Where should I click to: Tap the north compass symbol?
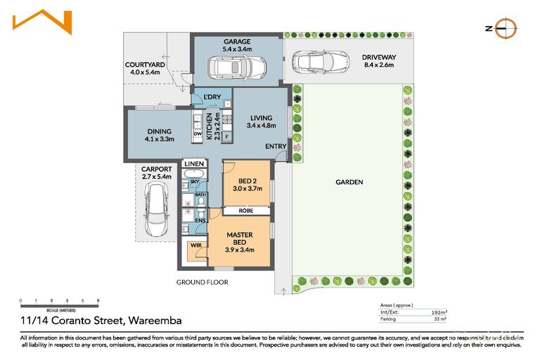[506, 28]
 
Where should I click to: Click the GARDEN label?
[349, 182]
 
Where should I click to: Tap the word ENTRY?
[276, 146]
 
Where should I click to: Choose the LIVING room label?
[259, 122]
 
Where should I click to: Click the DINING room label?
[159, 134]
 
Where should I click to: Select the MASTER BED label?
[240, 239]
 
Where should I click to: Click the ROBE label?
[245, 210]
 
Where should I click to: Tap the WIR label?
[194, 247]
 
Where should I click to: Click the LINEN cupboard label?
[193, 164]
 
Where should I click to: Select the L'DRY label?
[212, 97]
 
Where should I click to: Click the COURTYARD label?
[145, 67]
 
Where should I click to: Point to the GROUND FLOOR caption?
[202, 282]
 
